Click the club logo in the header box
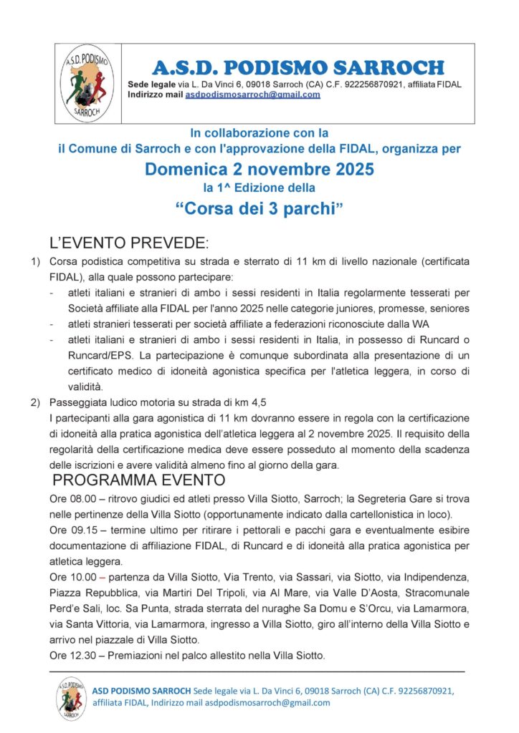(85, 83)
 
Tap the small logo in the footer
(72, 698)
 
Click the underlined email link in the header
(252, 94)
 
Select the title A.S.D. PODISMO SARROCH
(298, 68)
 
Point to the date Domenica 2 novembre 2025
(259, 170)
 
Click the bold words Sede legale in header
(151, 84)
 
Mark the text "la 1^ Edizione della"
(259, 188)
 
